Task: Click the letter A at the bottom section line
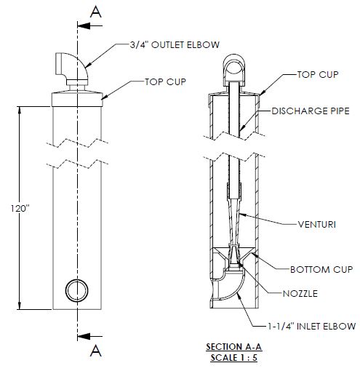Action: [x=93, y=352]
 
